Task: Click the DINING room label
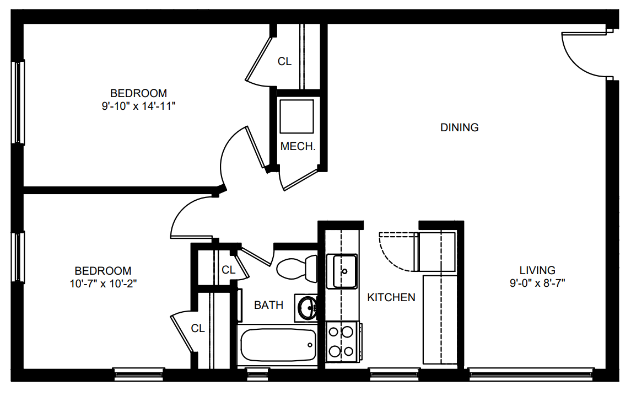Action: pyautogui.click(x=459, y=127)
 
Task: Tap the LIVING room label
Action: pyautogui.click(x=537, y=270)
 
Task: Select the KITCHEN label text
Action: pyautogui.click(x=391, y=297)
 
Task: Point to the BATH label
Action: pyautogui.click(x=268, y=305)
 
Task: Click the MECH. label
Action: pyautogui.click(x=298, y=147)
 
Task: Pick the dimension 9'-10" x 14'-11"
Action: pyautogui.click(x=139, y=106)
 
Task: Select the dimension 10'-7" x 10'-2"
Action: pyautogui.click(x=104, y=284)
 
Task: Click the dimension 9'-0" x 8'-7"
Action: pyautogui.click(x=537, y=284)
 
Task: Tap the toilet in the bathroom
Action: pyautogui.click(x=297, y=268)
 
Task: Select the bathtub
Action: pyautogui.click(x=278, y=345)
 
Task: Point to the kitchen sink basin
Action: pyautogui.click(x=342, y=271)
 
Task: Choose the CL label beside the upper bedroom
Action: pyautogui.click(x=284, y=62)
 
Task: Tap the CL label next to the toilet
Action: pyautogui.click(x=229, y=270)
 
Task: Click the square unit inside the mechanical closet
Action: pyautogui.click(x=296, y=116)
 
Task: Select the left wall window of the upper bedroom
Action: pyautogui.click(x=18, y=102)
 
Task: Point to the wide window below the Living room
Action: pyautogui.click(x=531, y=375)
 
